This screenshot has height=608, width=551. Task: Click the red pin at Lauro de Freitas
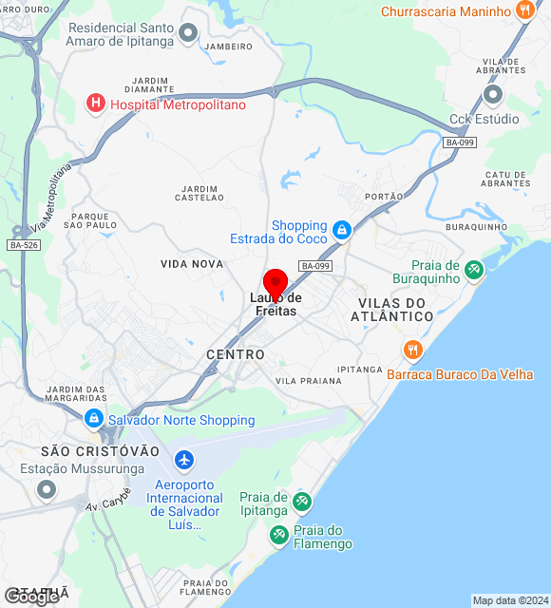(275, 283)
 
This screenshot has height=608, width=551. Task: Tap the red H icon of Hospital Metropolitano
(96, 104)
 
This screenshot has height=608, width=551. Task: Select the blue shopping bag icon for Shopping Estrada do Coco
(342, 229)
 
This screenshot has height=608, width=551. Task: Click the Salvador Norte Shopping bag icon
(94, 419)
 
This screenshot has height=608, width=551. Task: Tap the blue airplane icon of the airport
(184, 462)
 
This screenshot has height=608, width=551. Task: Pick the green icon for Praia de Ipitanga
(302, 501)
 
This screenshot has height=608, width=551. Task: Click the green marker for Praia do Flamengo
(278, 536)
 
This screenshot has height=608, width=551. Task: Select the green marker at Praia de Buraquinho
(474, 271)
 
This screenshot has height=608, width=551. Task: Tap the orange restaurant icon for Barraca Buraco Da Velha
(412, 350)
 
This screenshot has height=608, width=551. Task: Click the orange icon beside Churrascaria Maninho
(524, 11)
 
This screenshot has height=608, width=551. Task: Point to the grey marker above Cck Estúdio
(492, 95)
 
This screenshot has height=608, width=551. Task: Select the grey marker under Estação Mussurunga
(46, 490)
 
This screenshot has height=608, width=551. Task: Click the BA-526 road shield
(23, 245)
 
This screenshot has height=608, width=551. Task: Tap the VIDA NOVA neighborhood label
(192, 263)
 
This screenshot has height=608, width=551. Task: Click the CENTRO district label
(236, 354)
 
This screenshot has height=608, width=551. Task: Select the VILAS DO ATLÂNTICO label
(396, 309)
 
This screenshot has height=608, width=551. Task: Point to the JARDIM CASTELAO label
(199, 193)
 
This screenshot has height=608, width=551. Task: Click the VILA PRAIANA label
(308, 381)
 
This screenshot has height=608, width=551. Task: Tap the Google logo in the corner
(30, 598)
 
